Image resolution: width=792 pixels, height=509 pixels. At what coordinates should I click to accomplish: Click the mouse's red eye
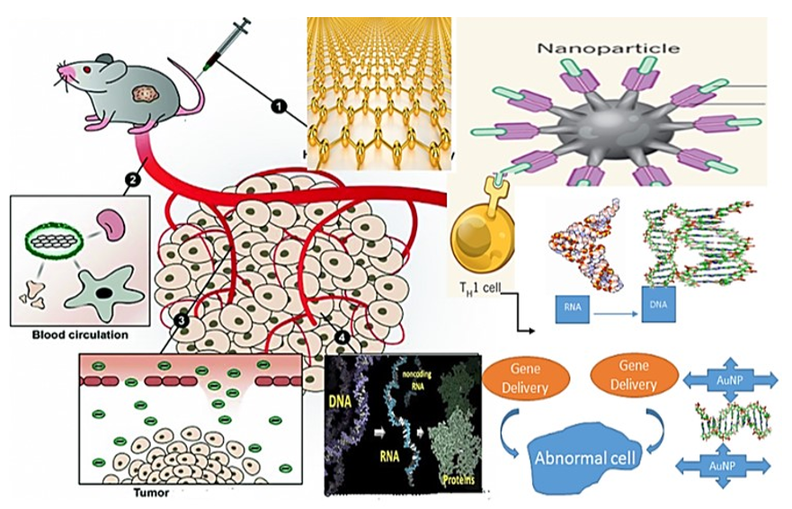point(88,70)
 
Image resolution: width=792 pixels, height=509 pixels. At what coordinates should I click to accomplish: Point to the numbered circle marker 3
point(181,319)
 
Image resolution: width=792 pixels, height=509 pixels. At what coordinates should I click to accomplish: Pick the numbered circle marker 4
point(342,337)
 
